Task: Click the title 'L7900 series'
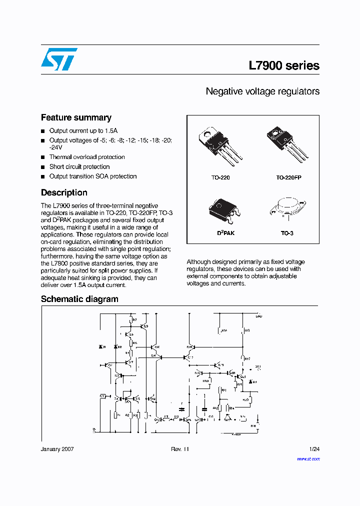coord(283,65)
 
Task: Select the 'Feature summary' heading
coord(76,117)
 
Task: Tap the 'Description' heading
coord(64,192)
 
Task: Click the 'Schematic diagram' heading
coord(79,299)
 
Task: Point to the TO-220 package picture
coord(220,145)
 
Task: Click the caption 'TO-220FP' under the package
coord(288,177)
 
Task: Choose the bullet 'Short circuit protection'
coord(79,166)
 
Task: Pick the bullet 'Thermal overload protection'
coord(87,157)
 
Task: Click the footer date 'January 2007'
coord(57,449)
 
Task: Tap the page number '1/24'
coord(314,449)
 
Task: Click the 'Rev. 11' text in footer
coord(180,449)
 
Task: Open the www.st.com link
coord(308,458)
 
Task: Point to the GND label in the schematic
coord(258,316)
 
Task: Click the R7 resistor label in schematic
coord(134,319)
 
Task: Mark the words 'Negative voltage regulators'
coord(262,91)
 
